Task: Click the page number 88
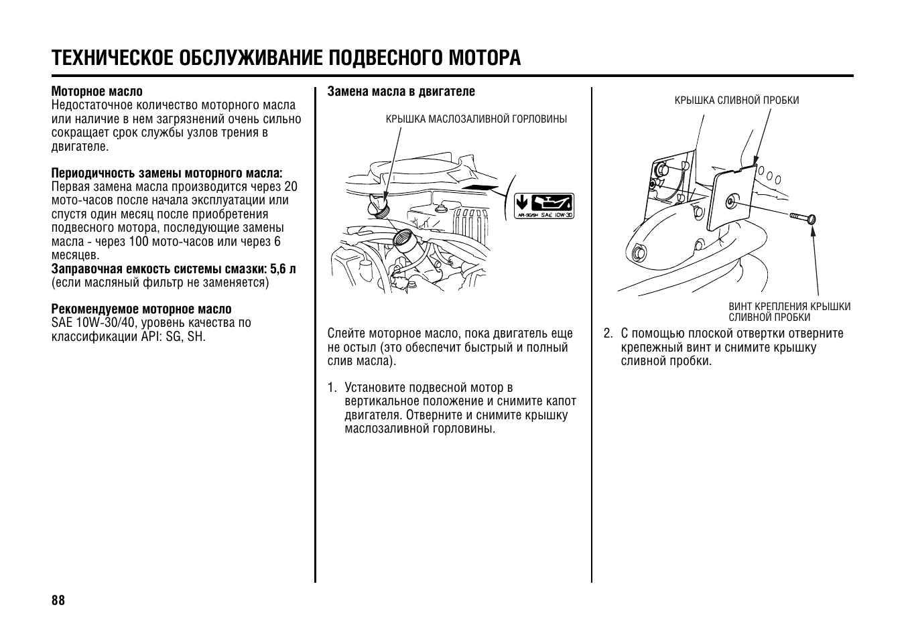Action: point(58,600)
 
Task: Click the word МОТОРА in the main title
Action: point(480,58)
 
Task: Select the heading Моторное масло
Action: point(97,92)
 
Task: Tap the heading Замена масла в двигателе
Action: point(401,91)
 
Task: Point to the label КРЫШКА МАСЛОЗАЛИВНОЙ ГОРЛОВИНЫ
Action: point(476,119)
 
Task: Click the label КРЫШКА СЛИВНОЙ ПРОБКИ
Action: point(736,100)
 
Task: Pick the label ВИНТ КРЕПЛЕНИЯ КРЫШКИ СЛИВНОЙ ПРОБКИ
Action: point(789,312)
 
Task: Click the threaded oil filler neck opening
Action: point(406,239)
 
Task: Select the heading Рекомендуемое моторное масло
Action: point(141,309)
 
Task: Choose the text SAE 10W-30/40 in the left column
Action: point(94,323)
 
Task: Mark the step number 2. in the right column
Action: point(608,334)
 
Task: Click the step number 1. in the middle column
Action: point(332,388)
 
